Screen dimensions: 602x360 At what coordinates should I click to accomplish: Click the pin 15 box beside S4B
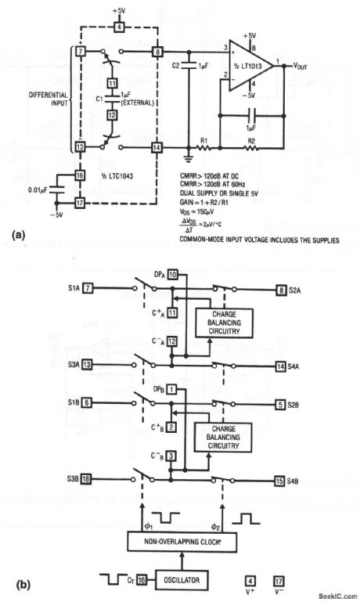pyautogui.click(x=280, y=479)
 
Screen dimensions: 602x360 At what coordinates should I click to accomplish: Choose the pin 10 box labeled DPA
pyautogui.click(x=172, y=274)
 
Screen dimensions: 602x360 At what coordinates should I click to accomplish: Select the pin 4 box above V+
pyautogui.click(x=250, y=580)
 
